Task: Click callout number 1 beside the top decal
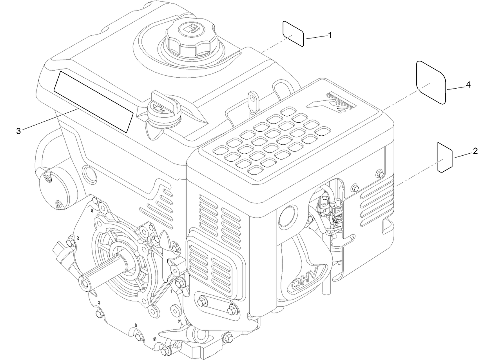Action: (x=330, y=35)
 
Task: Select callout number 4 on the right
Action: (x=468, y=85)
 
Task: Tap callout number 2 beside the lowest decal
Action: (x=475, y=151)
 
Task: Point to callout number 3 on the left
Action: (x=18, y=131)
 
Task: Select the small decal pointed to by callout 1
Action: (x=293, y=34)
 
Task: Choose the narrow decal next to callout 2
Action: (x=445, y=158)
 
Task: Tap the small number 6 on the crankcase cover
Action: (x=92, y=211)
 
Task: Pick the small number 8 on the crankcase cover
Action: (x=136, y=325)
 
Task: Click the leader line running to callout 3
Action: (x=51, y=120)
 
